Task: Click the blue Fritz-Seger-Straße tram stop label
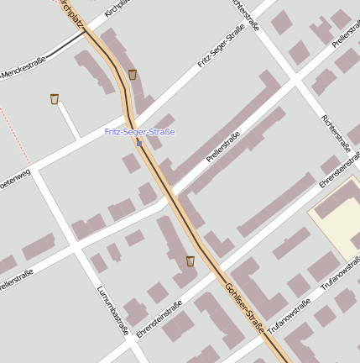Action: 139,132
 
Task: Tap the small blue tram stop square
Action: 139,142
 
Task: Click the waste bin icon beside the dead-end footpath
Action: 55,99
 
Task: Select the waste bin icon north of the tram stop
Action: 133,75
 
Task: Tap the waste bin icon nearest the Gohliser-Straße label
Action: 190,260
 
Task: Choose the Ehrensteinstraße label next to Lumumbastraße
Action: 159,320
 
